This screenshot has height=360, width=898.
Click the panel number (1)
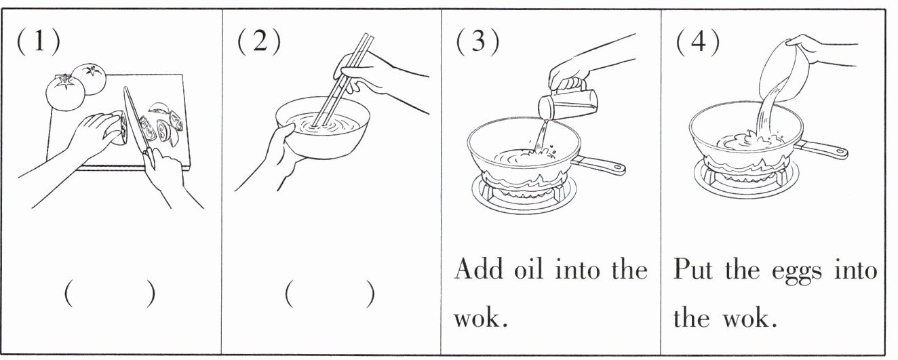pos(38,42)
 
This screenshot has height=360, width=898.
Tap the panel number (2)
pos(258,42)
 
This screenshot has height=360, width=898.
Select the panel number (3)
pos(477,42)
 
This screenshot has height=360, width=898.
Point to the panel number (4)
pos(698,42)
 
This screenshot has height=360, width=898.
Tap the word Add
pos(479,270)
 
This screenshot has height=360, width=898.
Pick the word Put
pos(693,270)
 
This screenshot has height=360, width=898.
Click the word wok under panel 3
pos(477,317)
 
